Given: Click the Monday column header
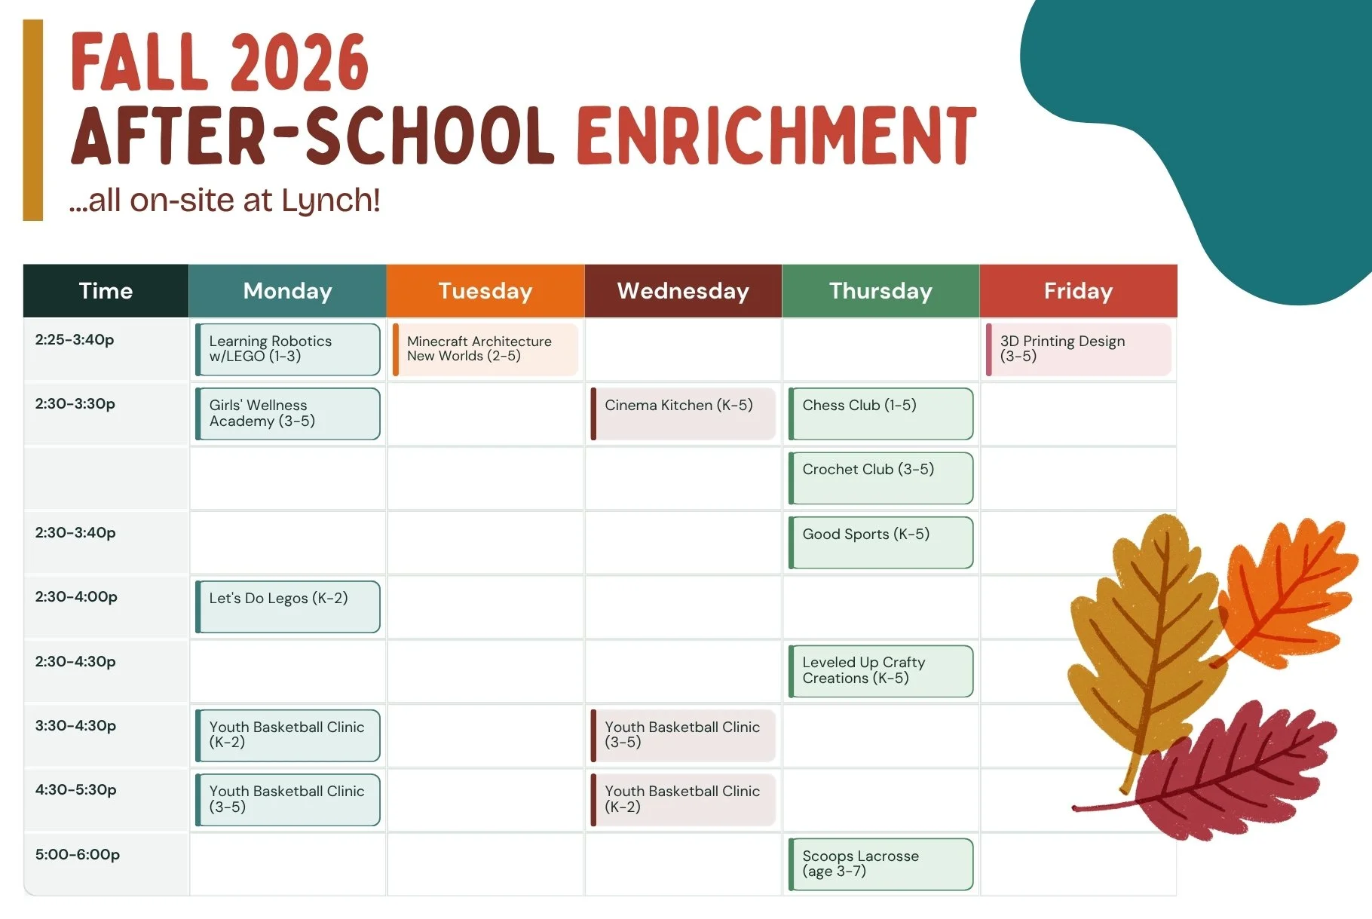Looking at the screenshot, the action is click(287, 291).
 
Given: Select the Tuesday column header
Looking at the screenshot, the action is click(485, 291).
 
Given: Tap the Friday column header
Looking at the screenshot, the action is click(1078, 291).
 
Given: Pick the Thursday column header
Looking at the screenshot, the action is click(880, 291).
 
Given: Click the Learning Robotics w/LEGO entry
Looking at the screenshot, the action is click(288, 350).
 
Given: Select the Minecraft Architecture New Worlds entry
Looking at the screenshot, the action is click(485, 350).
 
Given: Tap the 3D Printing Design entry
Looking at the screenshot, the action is click(1079, 350).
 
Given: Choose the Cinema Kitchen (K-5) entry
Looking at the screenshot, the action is click(683, 414).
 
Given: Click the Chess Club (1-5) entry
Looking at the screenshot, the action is click(880, 414).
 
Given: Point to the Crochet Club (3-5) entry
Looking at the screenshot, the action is click(880, 478).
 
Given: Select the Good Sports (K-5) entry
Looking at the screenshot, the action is click(880, 543).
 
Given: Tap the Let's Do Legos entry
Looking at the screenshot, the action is click(288, 607).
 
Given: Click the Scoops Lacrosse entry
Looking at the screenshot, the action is click(880, 865).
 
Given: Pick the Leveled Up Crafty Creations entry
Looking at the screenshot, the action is click(880, 671).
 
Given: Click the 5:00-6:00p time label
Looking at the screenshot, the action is click(78, 855).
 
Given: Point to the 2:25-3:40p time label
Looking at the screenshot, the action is click(75, 340).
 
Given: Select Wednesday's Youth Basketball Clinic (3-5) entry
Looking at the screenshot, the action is click(683, 736).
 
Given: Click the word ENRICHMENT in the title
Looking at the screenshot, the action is click(777, 136).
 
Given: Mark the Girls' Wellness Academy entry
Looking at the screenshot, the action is click(288, 414).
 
